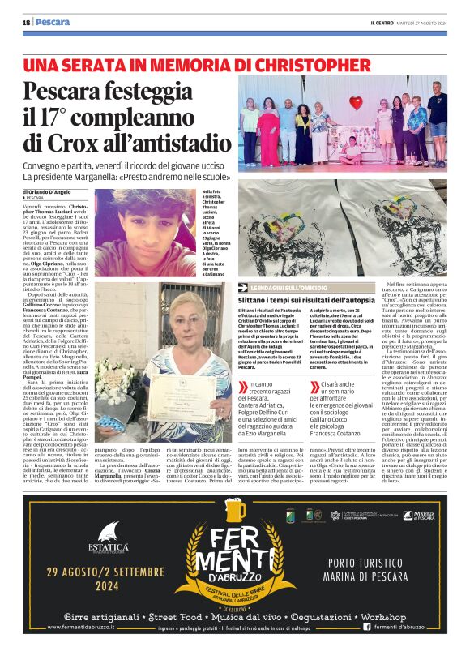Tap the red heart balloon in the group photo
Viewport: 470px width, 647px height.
click(356, 103)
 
